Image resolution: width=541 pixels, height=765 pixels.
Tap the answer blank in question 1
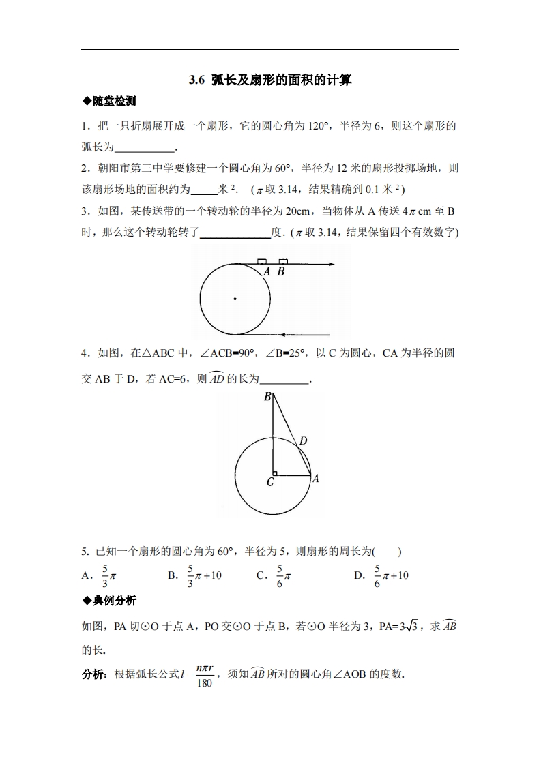[x=145, y=147]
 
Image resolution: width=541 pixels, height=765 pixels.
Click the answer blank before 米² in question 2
[x=203, y=190]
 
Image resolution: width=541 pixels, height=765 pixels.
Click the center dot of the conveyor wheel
[x=235, y=299]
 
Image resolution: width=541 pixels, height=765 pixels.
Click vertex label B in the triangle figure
[x=267, y=397]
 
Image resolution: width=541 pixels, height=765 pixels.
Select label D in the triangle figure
[x=303, y=441]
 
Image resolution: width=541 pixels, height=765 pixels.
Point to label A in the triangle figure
[x=315, y=479]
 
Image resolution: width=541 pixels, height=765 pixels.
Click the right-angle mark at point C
[x=274, y=472]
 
